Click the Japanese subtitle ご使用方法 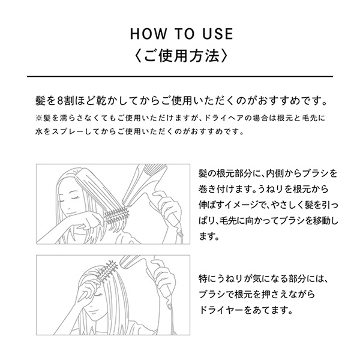click(180, 56)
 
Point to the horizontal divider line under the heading click(180, 76)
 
